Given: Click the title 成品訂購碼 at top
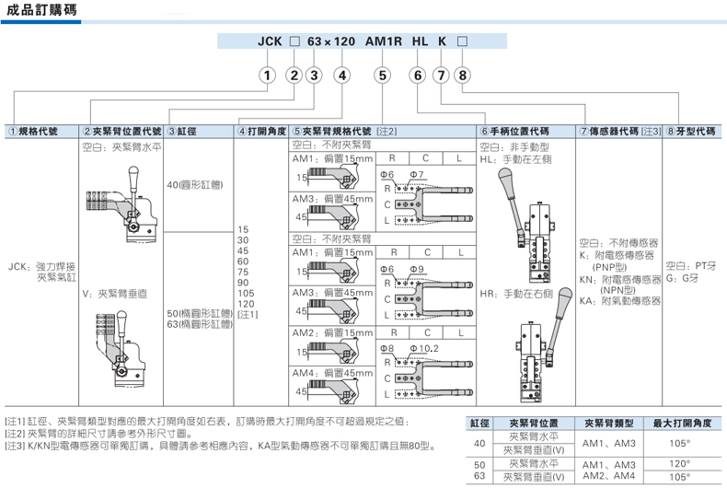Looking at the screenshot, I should (38, 12).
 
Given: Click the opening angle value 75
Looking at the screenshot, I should (244, 272).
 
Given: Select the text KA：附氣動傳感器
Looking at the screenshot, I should (620, 301).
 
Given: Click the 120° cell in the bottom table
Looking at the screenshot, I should (678, 464).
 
